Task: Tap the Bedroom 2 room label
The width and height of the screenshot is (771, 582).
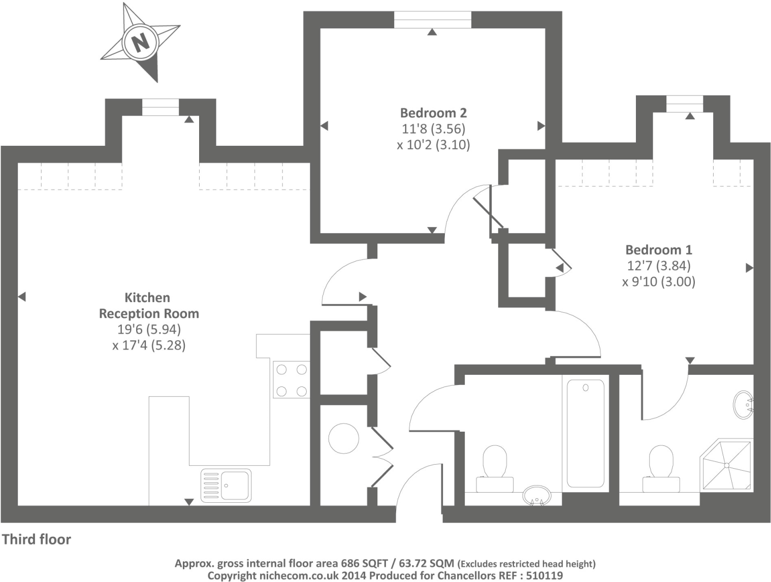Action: pos(433,113)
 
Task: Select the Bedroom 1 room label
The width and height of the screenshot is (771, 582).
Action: pos(658,250)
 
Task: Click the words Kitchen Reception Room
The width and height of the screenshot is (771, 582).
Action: pos(148,306)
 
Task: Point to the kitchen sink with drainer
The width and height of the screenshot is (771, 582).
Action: pos(226,486)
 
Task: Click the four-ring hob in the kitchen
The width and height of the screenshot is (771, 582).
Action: pos(292,380)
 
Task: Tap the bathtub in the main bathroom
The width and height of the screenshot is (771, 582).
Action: pos(585,433)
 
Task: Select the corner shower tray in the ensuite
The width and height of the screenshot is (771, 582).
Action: pos(726,465)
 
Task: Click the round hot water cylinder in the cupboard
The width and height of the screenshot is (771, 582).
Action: pos(343,438)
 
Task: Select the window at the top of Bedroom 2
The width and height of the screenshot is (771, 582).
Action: pos(432,20)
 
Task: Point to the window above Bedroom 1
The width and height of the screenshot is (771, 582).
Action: pos(685,104)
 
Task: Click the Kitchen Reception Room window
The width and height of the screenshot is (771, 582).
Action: pos(160,107)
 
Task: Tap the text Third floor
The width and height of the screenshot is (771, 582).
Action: pos(37,539)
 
